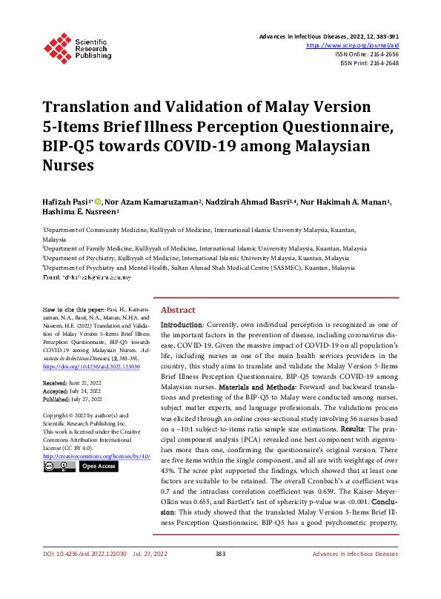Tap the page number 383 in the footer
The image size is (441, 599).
pos(219,575)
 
